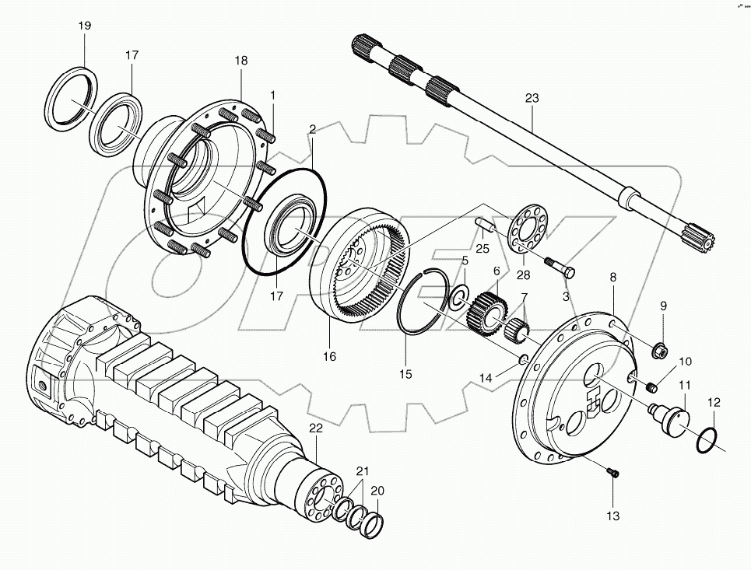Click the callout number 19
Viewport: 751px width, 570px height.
coord(85,26)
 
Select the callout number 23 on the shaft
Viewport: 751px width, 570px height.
coord(532,99)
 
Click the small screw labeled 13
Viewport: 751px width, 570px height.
coord(612,471)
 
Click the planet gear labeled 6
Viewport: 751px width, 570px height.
coord(486,309)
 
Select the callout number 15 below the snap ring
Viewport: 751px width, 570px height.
coord(406,375)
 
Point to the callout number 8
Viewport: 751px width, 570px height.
coord(613,276)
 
